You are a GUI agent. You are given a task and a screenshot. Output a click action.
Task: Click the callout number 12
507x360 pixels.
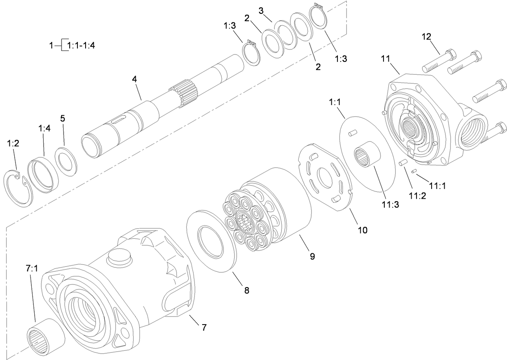426,37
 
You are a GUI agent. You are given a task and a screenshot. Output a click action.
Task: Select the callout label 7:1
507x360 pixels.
31,269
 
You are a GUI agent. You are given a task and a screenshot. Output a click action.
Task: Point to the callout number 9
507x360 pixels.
312,256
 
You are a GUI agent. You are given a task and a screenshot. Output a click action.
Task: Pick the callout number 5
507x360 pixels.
62,119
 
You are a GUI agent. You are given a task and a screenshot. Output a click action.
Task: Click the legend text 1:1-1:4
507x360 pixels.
81,45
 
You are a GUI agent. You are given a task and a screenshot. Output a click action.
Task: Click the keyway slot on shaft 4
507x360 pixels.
118,120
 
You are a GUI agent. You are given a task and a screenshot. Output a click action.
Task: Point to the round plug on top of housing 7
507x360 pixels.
119,259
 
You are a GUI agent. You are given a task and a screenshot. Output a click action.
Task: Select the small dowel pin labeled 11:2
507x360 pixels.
403,163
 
